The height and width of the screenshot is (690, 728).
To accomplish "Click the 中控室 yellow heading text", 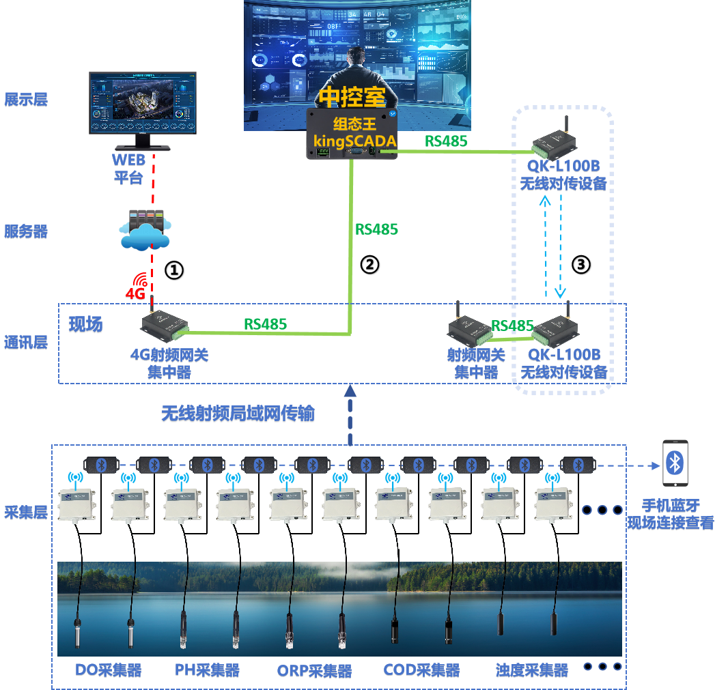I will coord(352,96).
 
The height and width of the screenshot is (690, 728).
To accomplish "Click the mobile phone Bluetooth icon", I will coord(675,463).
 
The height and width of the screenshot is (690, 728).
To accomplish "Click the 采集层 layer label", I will coord(26,513).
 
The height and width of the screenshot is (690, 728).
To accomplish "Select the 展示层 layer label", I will coord(26,100).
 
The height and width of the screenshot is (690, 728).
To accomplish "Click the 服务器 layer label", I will coord(26,232).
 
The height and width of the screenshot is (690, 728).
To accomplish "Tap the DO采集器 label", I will coord(108,670).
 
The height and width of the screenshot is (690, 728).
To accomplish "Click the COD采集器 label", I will coord(421,670).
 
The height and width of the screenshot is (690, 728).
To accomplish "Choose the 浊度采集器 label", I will coord(531,670).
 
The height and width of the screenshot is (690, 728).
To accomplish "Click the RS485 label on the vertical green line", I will coord(376,229).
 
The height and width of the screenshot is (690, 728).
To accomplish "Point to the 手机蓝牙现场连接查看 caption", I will coord(671,515).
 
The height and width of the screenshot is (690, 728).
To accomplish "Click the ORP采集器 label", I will coord(314,671).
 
